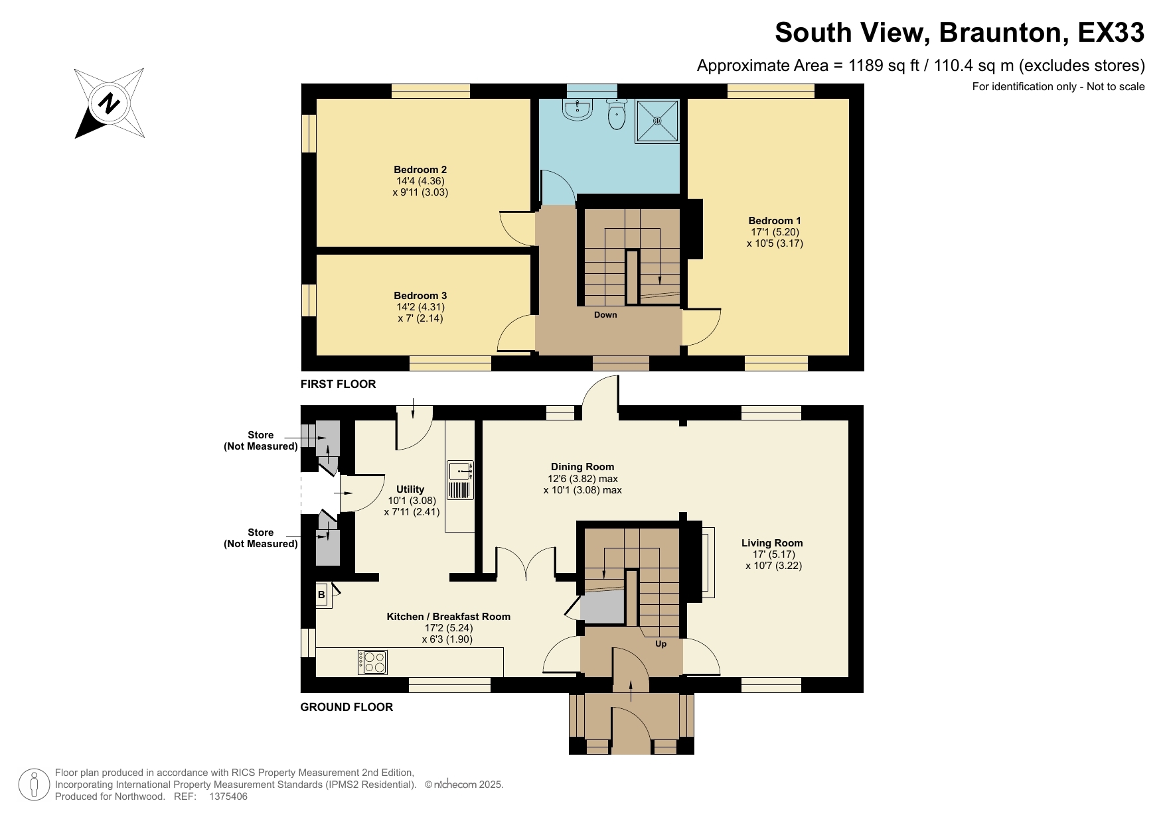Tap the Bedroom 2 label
[420, 170]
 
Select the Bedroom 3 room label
[420, 296]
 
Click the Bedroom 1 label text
[774, 221]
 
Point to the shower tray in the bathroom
[657, 121]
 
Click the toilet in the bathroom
[617, 114]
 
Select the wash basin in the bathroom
[578, 110]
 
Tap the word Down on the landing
[605, 315]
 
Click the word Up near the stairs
[660, 644]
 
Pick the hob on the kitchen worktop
[372, 662]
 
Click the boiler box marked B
[322, 595]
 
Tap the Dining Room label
[582, 467]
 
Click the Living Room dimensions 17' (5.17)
[773, 554]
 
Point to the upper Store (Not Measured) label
[260, 440]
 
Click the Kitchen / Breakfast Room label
[448, 617]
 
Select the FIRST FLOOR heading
[338, 384]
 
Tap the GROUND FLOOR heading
[347, 707]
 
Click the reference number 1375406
[228, 796]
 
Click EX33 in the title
[1111, 32]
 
